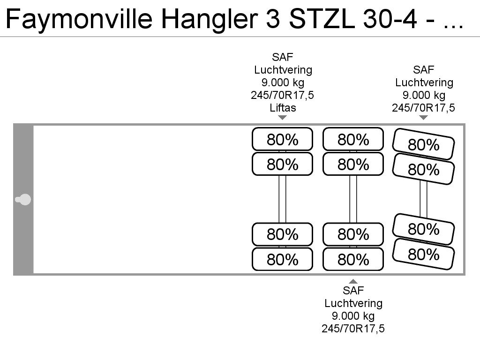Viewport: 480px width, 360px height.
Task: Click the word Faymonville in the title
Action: (x=79, y=19)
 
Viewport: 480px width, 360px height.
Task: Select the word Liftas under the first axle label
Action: (x=283, y=108)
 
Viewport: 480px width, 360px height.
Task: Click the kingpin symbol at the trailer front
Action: (x=23, y=200)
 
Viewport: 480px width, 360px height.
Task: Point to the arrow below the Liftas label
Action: (x=282, y=117)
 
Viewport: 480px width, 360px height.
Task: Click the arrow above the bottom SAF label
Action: (x=353, y=281)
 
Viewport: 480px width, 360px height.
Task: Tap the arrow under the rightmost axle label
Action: (x=423, y=117)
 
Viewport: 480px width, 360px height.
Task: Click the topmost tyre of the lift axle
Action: (x=282, y=139)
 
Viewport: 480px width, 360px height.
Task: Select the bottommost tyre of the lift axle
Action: (x=282, y=259)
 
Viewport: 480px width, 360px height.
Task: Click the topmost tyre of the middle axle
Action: (x=353, y=139)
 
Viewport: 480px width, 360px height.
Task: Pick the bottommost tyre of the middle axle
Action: (x=353, y=259)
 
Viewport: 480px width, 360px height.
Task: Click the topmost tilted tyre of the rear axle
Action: (x=423, y=144)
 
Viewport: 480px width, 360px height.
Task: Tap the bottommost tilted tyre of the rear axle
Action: (x=423, y=254)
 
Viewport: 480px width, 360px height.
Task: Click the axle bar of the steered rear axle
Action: (x=423, y=199)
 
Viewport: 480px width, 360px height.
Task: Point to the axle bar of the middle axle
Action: (x=353, y=199)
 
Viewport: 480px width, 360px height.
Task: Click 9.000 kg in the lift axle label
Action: (x=283, y=82)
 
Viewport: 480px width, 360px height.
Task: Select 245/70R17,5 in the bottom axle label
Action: (x=353, y=329)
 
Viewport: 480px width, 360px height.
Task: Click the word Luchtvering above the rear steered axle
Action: (x=424, y=82)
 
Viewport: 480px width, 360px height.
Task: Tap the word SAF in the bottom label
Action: (x=353, y=291)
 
